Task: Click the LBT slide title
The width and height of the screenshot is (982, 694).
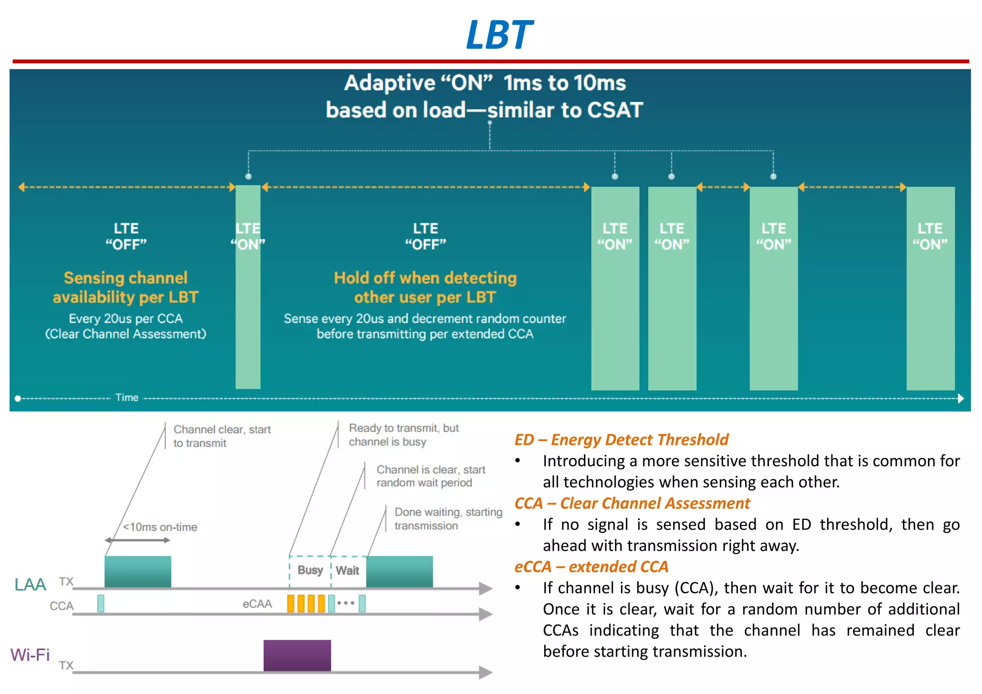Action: tap(499, 35)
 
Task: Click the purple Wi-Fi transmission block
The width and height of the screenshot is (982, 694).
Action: tap(297, 655)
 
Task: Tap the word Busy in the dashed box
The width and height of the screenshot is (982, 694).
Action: tap(310, 570)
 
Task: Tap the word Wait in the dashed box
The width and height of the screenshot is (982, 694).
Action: tap(348, 571)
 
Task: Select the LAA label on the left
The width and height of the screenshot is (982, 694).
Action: tap(30, 585)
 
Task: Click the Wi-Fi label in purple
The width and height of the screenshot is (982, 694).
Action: tap(30, 655)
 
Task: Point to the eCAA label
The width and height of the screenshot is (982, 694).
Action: tap(257, 604)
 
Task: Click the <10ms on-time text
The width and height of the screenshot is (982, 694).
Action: tap(160, 527)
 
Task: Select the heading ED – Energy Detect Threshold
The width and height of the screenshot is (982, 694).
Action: tap(621, 439)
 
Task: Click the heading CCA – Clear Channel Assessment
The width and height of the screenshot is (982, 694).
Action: tap(632, 503)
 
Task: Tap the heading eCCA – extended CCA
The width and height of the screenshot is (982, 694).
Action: tap(591, 567)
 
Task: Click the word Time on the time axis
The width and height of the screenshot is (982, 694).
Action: tap(127, 398)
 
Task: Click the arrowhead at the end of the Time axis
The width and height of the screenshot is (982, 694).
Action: tap(960, 399)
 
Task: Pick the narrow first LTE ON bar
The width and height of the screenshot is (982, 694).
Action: tap(248, 312)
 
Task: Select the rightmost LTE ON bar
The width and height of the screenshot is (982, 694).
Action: tap(930, 312)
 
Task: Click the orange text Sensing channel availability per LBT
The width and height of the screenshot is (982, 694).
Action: tap(126, 287)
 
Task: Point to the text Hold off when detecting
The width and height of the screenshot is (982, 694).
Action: tap(425, 278)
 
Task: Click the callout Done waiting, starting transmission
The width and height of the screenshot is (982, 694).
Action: tap(448, 519)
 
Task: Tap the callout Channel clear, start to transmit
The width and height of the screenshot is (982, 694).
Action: tap(222, 436)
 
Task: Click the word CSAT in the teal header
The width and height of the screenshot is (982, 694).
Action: tap(615, 110)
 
